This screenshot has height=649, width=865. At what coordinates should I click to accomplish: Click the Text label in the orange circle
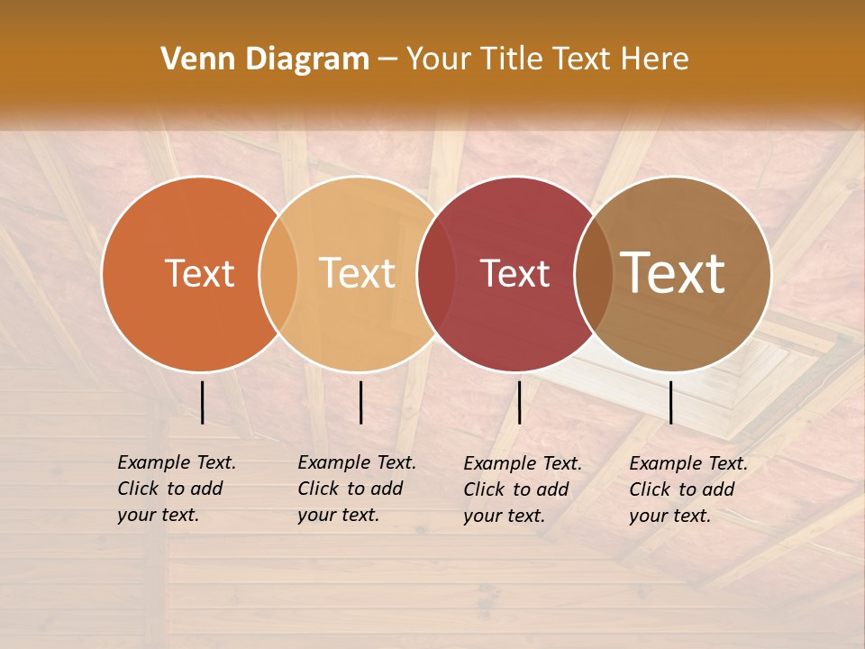199,273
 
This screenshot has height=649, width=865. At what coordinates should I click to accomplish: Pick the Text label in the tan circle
357,273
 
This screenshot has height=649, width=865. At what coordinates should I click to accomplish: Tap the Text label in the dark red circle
514,274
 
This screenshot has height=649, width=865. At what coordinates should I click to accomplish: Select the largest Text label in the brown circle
672,273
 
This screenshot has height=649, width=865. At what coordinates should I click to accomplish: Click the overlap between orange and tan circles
278,273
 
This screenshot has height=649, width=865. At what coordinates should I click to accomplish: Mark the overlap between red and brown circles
594,273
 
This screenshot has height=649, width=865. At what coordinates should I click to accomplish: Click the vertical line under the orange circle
203,402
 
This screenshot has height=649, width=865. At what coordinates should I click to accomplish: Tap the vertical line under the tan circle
360,402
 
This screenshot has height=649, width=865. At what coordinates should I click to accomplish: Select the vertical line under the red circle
519,402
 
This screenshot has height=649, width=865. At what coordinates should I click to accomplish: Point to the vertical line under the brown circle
671,402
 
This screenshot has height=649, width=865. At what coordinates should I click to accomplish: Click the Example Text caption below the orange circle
177,489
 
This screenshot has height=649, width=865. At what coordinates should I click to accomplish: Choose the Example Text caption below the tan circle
357,489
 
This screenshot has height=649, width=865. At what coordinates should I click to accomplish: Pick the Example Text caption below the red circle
523,489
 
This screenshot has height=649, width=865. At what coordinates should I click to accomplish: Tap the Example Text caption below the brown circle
688,489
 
